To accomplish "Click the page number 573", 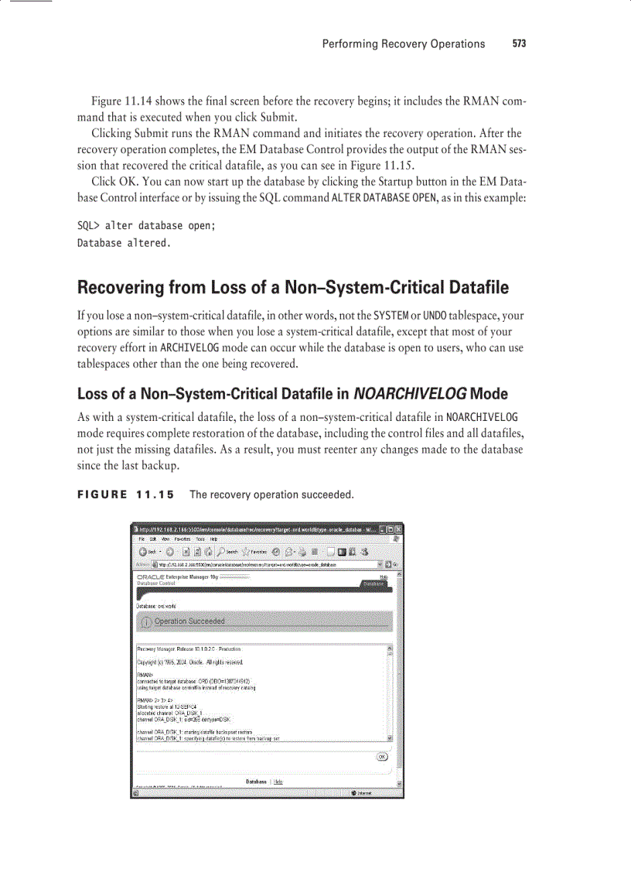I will point(518,44).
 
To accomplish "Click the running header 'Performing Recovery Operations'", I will point(403,44).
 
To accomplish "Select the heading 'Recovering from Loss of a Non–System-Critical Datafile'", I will point(293,288).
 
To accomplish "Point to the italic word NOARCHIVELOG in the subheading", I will point(410,392).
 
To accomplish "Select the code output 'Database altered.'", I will point(123,243).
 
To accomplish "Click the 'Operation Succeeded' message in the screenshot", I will point(189,621).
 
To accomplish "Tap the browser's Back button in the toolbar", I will point(148,552).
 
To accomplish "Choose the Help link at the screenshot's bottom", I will point(278,782).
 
